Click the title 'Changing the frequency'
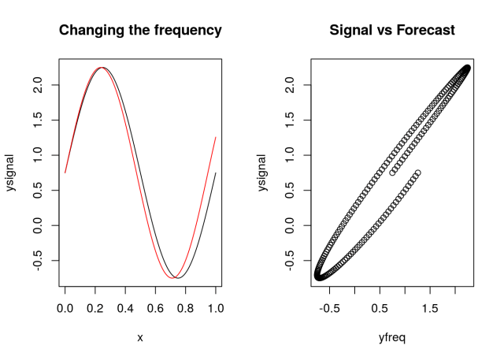coord(140,31)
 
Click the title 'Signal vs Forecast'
coord(392,31)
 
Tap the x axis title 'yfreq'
coord(392,338)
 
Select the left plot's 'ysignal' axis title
coord(12,173)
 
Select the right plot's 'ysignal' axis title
coord(264,173)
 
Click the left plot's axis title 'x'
coord(140,338)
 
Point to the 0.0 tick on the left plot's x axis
coord(65,308)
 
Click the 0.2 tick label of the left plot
coord(95,308)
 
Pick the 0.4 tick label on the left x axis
coord(125,308)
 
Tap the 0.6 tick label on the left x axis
coord(155,308)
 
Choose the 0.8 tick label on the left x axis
coord(185,308)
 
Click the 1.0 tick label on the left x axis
coord(215,308)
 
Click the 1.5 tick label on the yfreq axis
coord(430,308)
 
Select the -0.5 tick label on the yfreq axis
coord(329,308)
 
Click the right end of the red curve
coord(215,138)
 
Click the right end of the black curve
coord(215,173)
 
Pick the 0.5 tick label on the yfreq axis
coord(380,308)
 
